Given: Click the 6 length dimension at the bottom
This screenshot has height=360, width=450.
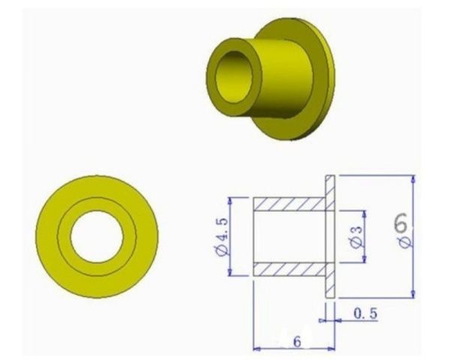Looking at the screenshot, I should [297, 340].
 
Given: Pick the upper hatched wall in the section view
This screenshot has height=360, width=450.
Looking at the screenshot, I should [289, 203].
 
